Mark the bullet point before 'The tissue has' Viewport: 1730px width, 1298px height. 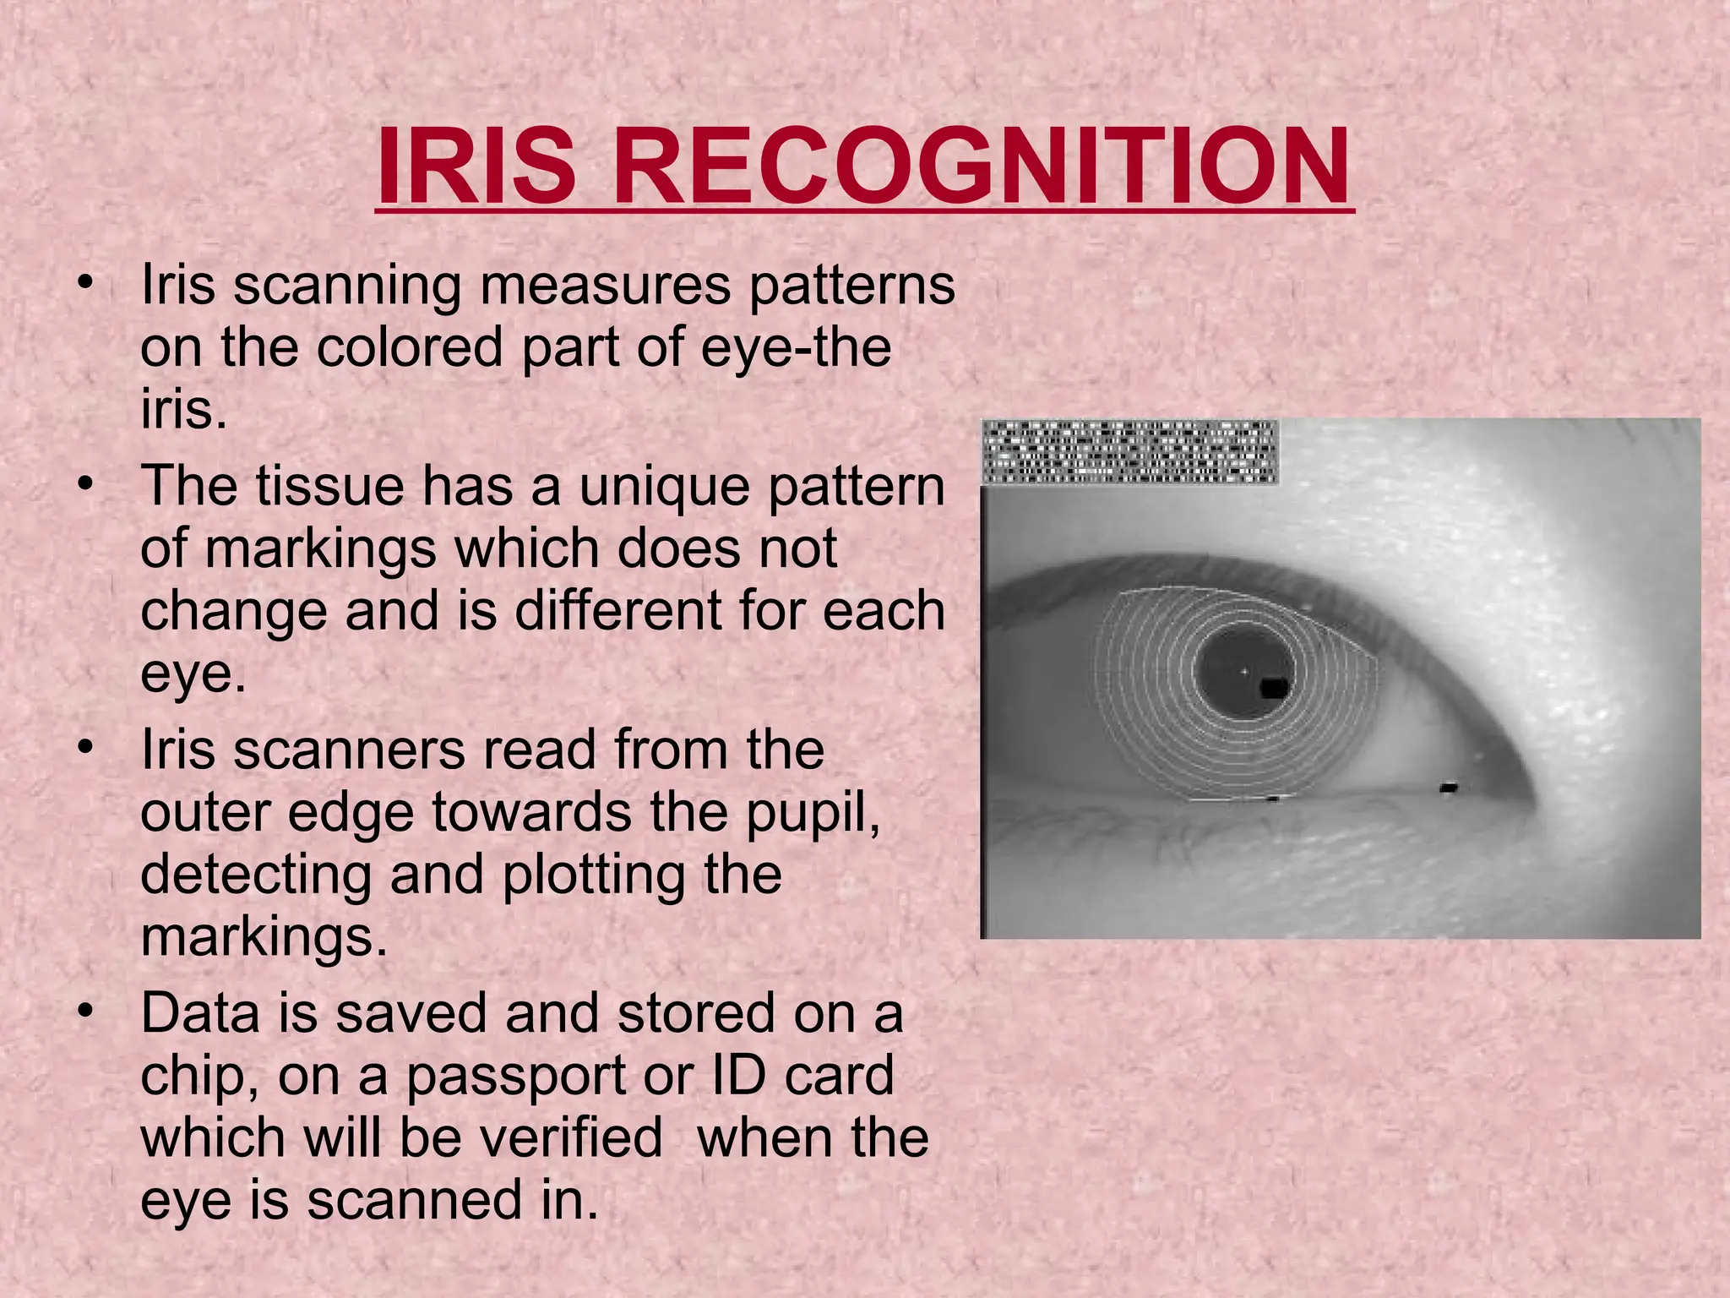(x=84, y=484)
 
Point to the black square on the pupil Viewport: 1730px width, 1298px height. (x=1274, y=688)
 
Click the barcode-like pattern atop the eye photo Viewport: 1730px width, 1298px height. (x=1129, y=452)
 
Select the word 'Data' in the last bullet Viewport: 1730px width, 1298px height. (x=200, y=1013)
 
